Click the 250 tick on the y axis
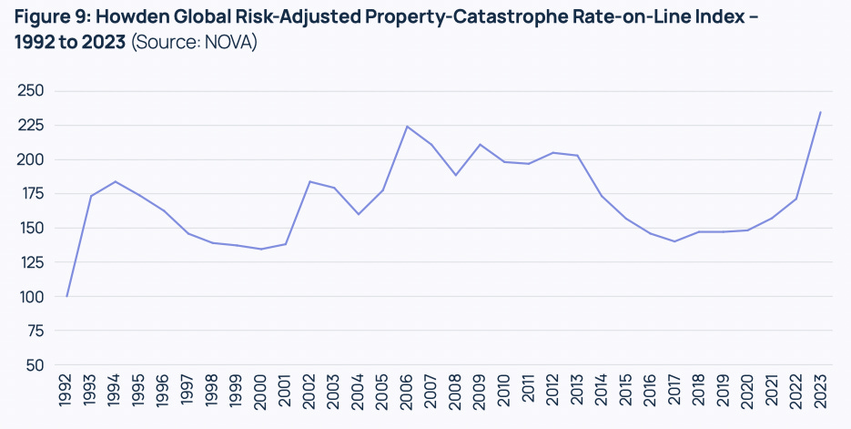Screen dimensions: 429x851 tap(31, 91)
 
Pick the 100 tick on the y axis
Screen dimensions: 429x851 tap(31, 297)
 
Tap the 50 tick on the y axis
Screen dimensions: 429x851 tap(35, 365)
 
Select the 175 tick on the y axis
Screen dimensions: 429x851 tap(31, 194)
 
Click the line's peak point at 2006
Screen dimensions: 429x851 tap(407, 127)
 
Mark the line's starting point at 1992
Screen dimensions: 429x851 tap(67, 296)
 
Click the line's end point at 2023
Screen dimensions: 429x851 tap(820, 112)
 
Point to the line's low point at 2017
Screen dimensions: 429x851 tap(674, 241)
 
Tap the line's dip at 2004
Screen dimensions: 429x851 tap(359, 214)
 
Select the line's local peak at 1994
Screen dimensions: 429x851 tap(116, 181)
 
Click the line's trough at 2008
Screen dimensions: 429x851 tap(456, 175)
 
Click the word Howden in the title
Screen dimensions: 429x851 tap(137, 17)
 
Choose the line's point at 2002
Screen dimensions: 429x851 tap(310, 181)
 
